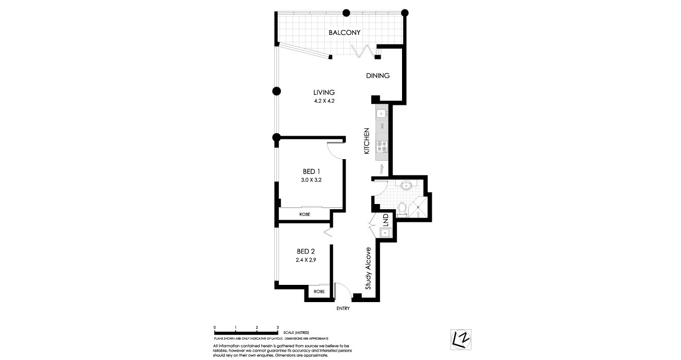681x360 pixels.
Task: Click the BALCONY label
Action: click(345, 32)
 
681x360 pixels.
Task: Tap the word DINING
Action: click(378, 76)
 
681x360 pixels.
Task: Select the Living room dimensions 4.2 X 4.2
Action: click(323, 101)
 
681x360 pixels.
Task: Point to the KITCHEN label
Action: click(367, 141)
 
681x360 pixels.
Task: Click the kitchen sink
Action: click(381, 113)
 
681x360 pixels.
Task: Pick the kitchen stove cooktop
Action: click(381, 147)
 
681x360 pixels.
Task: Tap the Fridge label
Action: click(382, 169)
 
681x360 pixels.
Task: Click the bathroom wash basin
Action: click(407, 184)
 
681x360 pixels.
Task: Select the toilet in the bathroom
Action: click(402, 208)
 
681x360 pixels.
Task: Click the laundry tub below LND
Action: click(386, 233)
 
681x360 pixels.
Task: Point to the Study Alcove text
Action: click(368, 268)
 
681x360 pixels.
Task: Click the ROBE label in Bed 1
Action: click(306, 214)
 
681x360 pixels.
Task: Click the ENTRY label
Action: click(343, 308)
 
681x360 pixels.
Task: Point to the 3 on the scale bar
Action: click(278, 327)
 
